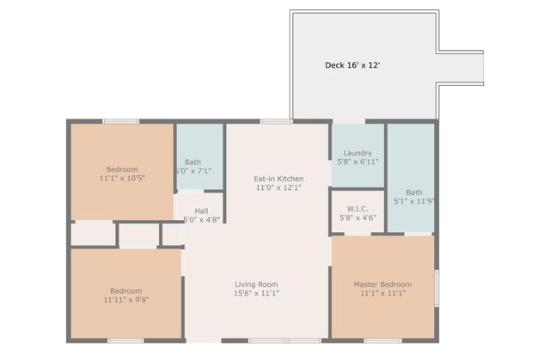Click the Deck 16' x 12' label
[x=351, y=64]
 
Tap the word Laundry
[x=357, y=153]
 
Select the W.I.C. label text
[x=357, y=209]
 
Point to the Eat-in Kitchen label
[x=278, y=179]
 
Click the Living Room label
[x=257, y=284]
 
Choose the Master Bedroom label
[x=382, y=284]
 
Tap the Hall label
[x=201, y=211]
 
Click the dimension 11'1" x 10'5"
[x=122, y=179]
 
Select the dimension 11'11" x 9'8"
[x=125, y=300]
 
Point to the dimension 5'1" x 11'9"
[x=414, y=202]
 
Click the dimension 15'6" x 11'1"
[x=257, y=293]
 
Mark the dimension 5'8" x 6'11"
[x=357, y=162]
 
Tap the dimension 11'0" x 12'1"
[x=278, y=187]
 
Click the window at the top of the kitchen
[x=277, y=122]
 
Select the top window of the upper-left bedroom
[x=121, y=122]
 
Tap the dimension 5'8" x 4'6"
[x=357, y=217]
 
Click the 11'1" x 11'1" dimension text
[x=382, y=293]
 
